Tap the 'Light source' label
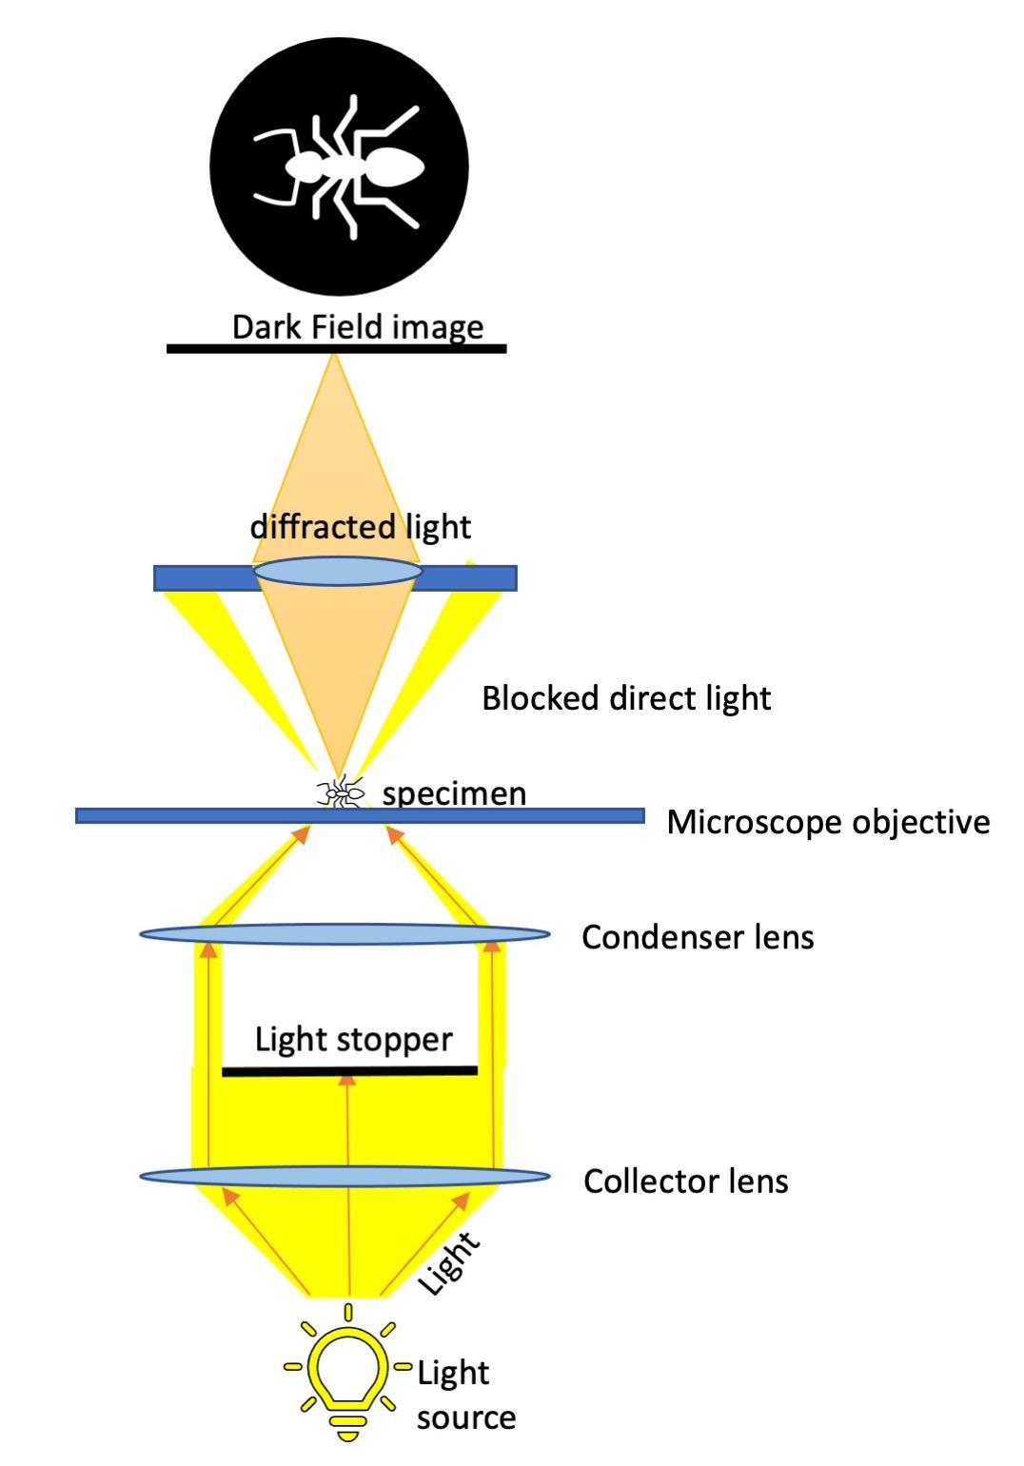point(465,1395)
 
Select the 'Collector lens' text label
point(685,1182)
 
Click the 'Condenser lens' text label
point(698,938)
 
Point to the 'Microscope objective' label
point(828,822)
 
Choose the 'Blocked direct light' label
point(625,698)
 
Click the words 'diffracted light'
point(361,527)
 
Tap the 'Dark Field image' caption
point(358,327)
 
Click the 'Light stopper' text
point(353,1040)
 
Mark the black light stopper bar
point(349,1071)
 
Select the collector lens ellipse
point(345,1177)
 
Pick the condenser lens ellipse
point(345,933)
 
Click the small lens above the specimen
point(337,571)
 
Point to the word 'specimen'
point(454,793)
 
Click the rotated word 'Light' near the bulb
point(449,1263)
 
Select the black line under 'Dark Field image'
point(336,349)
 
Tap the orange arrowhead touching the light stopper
point(348,1079)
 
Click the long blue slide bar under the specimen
point(360,815)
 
